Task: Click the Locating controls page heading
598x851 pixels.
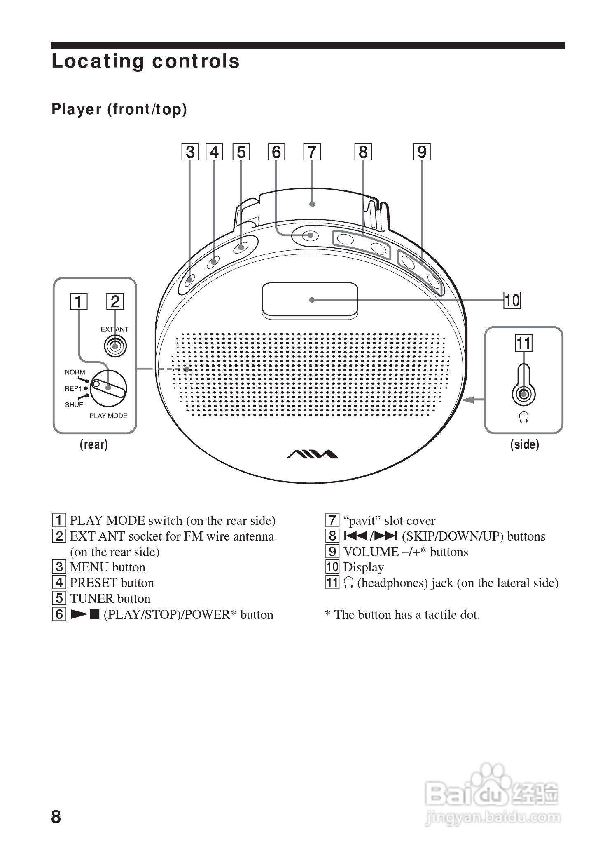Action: point(145,61)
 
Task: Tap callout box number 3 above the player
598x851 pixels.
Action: point(190,152)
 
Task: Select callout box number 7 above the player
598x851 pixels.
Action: point(312,152)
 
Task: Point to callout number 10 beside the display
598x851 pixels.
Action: point(512,300)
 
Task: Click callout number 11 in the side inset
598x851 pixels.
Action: point(523,343)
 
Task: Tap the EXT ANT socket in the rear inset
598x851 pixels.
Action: point(115,346)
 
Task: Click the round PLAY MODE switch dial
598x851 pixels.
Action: point(108,388)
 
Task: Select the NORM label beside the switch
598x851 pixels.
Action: point(75,372)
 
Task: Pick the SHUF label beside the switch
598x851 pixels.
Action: point(74,405)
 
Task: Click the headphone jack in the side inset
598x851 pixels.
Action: point(523,394)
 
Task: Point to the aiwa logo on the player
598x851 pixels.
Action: point(312,454)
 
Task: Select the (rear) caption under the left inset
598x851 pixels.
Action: point(94,444)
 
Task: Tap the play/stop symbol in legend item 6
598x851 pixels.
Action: point(85,614)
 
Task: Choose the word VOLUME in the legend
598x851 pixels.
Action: point(371,552)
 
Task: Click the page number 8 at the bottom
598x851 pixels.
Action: point(56,817)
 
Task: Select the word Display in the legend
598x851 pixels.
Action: point(363,567)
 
